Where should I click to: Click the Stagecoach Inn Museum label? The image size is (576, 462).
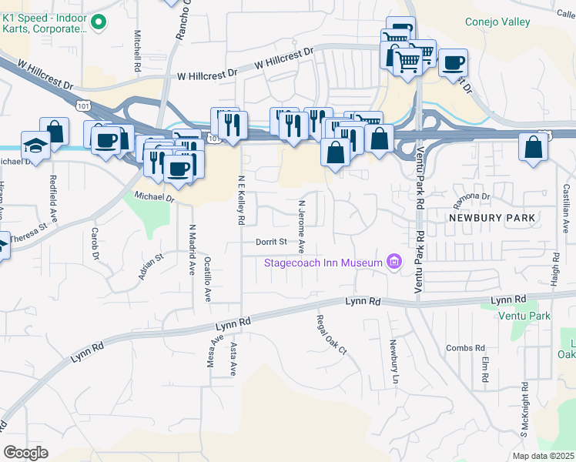click(x=323, y=263)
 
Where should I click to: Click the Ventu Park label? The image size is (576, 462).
click(x=524, y=316)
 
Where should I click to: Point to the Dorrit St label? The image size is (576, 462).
click(x=272, y=242)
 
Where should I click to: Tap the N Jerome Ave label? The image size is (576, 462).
click(x=302, y=223)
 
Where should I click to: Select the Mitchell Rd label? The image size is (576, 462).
click(x=137, y=50)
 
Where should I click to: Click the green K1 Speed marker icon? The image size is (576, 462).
click(x=98, y=23)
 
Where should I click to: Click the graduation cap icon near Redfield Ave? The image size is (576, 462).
click(x=35, y=145)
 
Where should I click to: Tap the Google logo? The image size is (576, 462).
click(x=25, y=453)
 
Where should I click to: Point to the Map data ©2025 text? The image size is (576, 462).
click(x=542, y=456)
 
